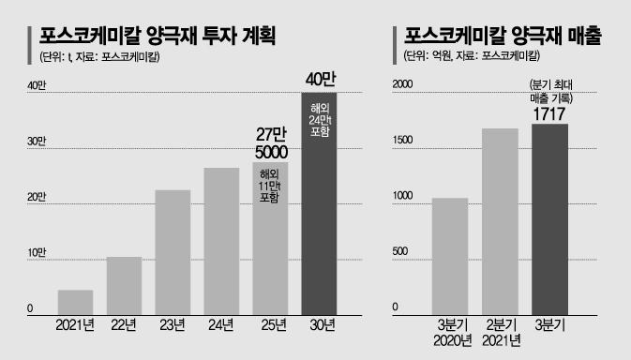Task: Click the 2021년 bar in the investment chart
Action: pos(75,303)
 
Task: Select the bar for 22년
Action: pos(124,286)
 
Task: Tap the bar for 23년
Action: pos(173,252)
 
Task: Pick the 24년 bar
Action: pos(221,241)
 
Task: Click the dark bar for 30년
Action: pos(319,204)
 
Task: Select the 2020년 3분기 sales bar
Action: pos(450,257)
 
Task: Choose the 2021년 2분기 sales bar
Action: pos(500,222)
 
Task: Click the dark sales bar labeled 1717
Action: pos(549,219)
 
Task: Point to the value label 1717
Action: pos(549,114)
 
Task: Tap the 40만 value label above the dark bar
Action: pos(321,80)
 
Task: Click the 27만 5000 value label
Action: pos(271,143)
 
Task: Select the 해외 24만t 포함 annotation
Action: pos(320,120)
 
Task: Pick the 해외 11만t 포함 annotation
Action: pos(270,186)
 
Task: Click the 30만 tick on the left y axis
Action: pos(37,142)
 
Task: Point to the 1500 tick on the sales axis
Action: pos(403,140)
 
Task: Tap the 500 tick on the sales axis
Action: pos(400,251)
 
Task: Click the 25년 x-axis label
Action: pos(274,325)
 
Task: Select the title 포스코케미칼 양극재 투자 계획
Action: pos(158,37)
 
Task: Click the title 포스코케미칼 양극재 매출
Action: pos(503,37)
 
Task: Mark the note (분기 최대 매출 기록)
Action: pos(551,92)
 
